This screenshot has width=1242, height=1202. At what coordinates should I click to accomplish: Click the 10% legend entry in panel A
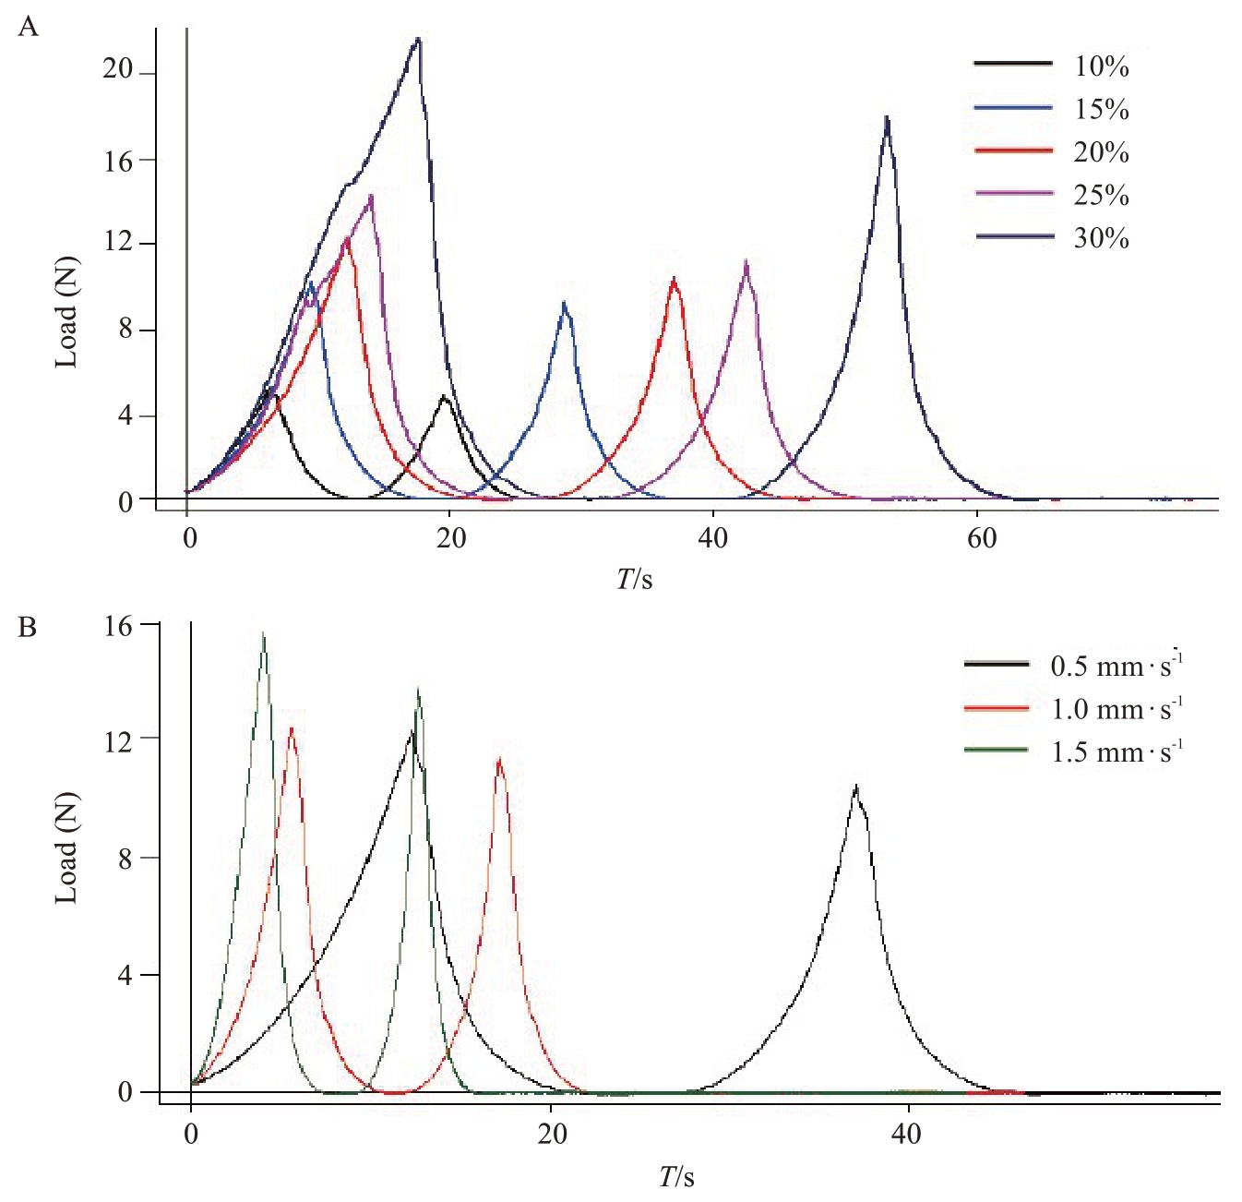tap(1101, 66)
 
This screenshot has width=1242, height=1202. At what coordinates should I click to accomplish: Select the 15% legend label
tap(1101, 110)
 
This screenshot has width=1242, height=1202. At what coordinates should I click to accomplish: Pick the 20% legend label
tap(1101, 152)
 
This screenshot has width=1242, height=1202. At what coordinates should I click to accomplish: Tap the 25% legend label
tap(1101, 196)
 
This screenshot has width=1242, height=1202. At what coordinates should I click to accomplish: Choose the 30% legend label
tap(1101, 238)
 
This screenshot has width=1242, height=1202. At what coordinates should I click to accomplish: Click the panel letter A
tap(29, 27)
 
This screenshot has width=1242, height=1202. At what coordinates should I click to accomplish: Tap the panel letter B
tap(28, 628)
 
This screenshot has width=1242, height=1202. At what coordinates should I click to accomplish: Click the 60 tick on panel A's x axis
tap(981, 538)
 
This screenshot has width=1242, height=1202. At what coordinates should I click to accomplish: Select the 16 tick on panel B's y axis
tap(118, 626)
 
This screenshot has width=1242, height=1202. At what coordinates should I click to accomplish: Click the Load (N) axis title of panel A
tap(66, 312)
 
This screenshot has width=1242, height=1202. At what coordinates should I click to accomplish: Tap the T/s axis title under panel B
tap(676, 1177)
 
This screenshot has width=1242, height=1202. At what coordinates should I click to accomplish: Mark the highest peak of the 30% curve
tap(419, 39)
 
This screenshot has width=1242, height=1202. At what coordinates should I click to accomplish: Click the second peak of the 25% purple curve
tap(746, 263)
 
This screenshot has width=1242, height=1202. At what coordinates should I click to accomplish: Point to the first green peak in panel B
tap(263, 633)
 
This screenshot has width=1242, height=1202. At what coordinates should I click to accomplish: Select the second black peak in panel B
tap(856, 787)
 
